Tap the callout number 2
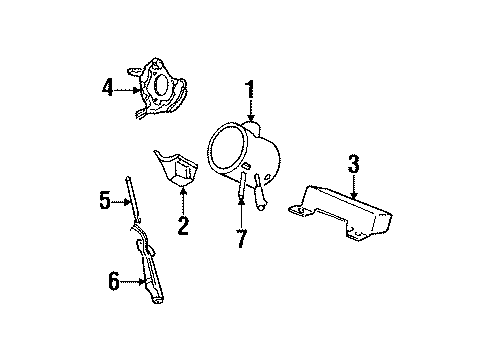click(x=183, y=225)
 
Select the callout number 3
click(x=353, y=162)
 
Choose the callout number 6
click(x=114, y=283)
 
